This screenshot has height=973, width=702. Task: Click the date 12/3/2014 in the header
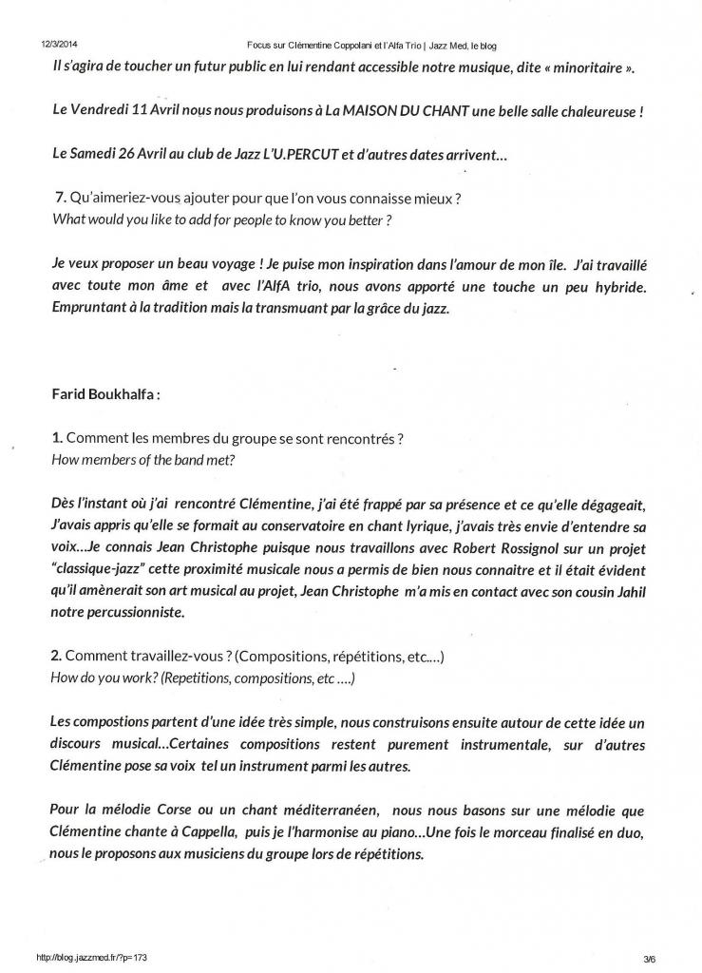tap(59, 45)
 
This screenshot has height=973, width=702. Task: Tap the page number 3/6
tap(649, 958)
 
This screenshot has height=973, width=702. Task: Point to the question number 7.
tap(62, 197)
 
